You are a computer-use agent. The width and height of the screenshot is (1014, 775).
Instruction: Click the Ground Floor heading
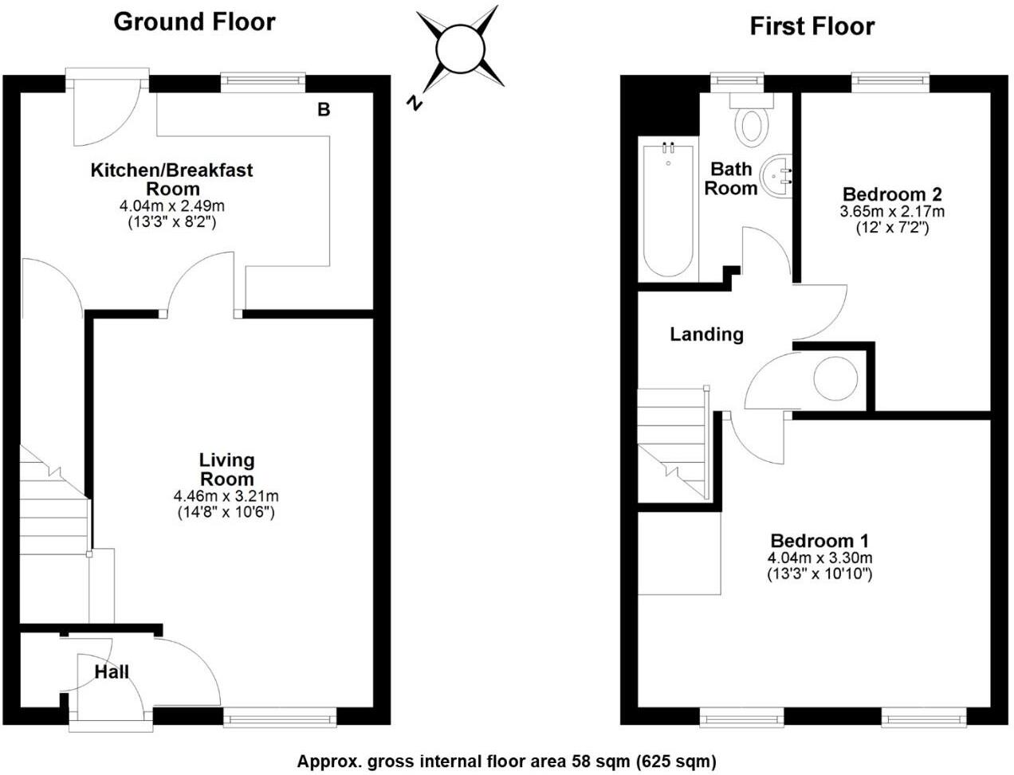pyautogui.click(x=195, y=22)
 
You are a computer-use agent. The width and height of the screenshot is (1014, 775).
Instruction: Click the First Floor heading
pyautogui.click(x=812, y=26)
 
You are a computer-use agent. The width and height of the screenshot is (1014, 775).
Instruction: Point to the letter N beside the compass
pyautogui.click(x=414, y=102)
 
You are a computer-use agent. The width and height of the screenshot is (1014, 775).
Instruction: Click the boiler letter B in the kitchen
pyautogui.click(x=324, y=110)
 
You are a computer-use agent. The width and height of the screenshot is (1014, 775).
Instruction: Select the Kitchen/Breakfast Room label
pyautogui.click(x=172, y=179)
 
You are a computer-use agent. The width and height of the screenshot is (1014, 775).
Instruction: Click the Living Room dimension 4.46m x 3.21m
pyautogui.click(x=226, y=496)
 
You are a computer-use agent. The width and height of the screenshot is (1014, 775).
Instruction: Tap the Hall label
pyautogui.click(x=112, y=671)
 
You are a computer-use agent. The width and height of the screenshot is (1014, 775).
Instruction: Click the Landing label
pyautogui.click(x=706, y=335)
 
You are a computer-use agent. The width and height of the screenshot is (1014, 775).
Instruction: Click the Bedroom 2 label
pyautogui.click(x=892, y=194)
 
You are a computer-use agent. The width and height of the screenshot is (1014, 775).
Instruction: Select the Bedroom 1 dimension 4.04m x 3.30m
pyautogui.click(x=819, y=558)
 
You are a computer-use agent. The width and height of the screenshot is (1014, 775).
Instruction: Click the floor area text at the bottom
pyautogui.click(x=506, y=761)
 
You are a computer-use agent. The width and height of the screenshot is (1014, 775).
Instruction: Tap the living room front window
pyautogui.click(x=281, y=718)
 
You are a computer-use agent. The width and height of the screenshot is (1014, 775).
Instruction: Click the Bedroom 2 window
pyautogui.click(x=890, y=80)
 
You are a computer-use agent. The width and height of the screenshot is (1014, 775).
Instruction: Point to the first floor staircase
pyautogui.click(x=674, y=444)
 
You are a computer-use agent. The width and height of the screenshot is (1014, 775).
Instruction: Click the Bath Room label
pyautogui.click(x=731, y=178)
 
